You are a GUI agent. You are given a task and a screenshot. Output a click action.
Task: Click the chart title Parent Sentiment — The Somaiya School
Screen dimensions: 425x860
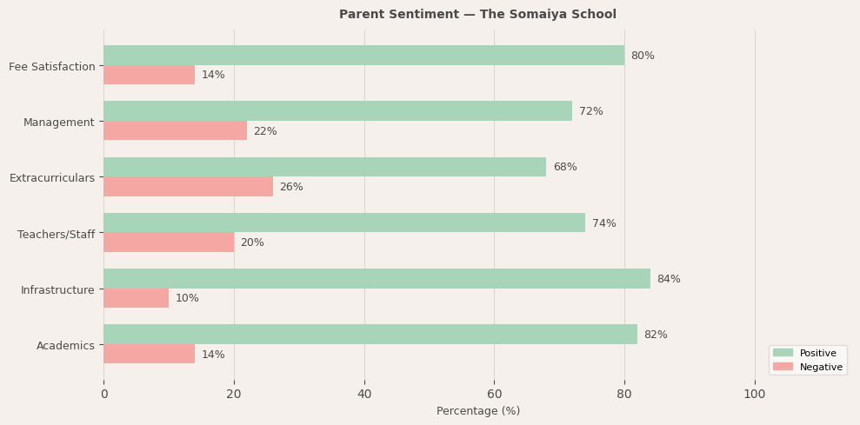(477, 15)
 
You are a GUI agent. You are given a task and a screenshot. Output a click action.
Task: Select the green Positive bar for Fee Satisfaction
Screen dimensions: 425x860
(363, 56)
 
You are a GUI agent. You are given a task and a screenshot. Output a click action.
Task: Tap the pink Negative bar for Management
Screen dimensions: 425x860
(175, 131)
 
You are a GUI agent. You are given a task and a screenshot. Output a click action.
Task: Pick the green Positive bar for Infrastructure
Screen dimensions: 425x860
(377, 279)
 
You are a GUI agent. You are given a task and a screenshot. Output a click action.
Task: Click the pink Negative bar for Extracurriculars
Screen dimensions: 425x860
(188, 187)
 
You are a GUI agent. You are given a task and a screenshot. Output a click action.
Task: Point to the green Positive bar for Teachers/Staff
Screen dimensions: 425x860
(344, 223)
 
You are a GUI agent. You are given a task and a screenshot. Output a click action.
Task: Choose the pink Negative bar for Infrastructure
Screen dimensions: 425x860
(136, 298)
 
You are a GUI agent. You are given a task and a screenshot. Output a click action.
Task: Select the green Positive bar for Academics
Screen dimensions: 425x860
(370, 335)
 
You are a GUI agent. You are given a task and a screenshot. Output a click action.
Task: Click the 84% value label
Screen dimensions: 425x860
(669, 279)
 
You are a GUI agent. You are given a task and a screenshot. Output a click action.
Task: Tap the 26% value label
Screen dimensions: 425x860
(291, 187)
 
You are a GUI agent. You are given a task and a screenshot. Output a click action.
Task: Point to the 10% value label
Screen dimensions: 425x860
(187, 298)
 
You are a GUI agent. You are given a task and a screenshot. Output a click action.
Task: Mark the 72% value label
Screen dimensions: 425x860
(590, 111)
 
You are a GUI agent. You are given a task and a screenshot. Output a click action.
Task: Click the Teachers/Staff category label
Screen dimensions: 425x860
(56, 234)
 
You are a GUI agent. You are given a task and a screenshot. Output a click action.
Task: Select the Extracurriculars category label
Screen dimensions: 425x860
(52, 178)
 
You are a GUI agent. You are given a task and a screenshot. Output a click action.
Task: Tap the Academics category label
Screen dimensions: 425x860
(65, 346)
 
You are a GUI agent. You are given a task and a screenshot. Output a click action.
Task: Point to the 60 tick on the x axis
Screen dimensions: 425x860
(494, 394)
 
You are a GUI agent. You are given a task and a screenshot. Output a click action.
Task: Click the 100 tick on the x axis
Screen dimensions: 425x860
(755, 394)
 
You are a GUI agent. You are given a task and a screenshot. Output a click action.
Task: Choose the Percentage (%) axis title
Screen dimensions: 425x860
(478, 411)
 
